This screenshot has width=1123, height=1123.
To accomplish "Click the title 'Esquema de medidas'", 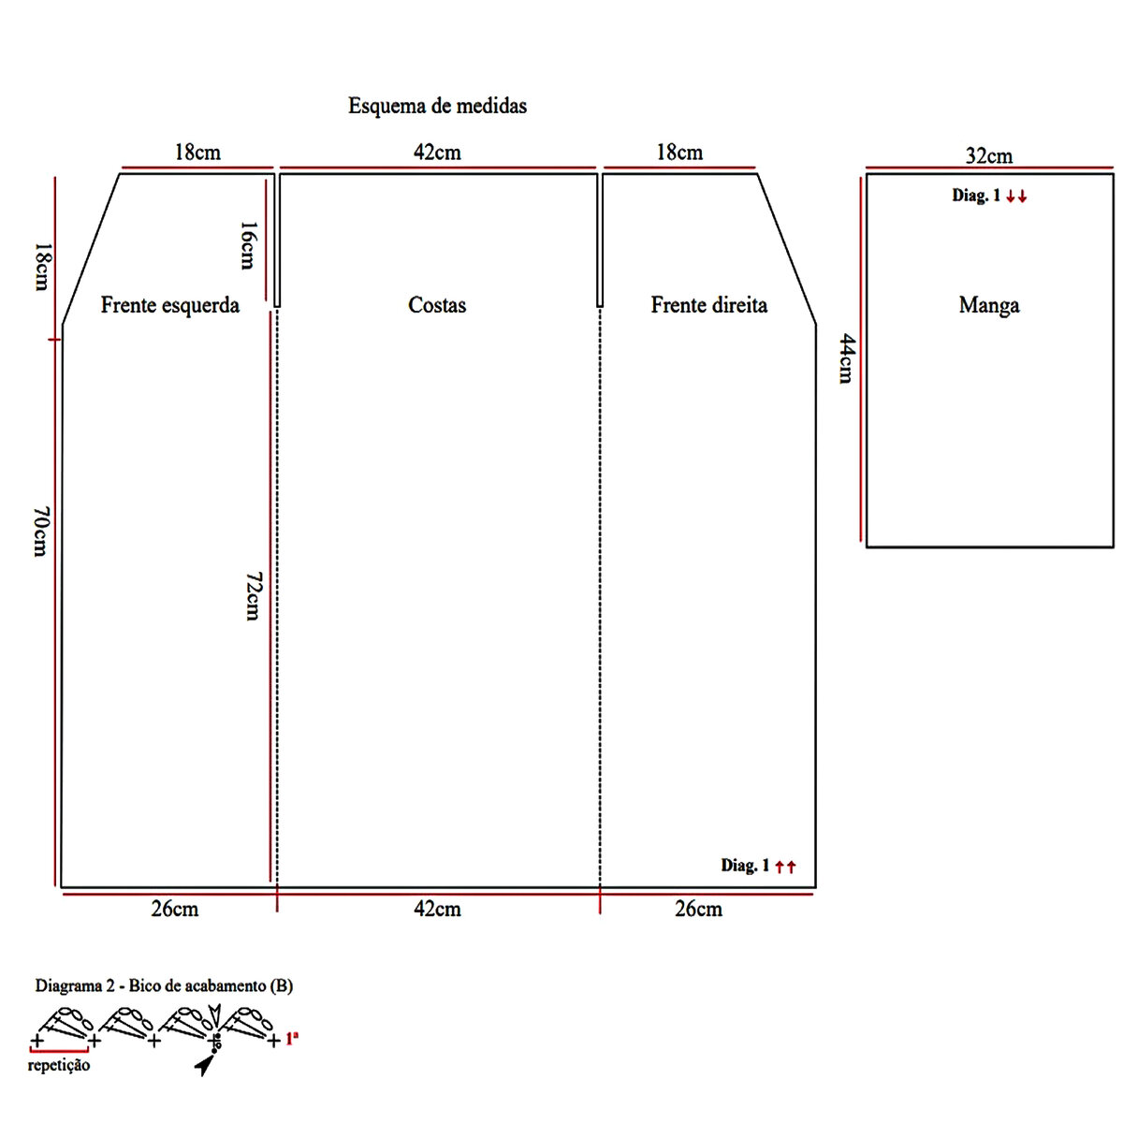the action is tap(437, 106).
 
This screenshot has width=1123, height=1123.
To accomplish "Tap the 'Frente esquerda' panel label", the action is tap(169, 305).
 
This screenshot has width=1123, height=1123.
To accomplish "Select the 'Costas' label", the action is tap(437, 305).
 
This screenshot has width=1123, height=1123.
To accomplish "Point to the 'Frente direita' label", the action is tap(708, 305).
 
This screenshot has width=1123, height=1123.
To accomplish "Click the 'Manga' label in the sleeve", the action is tap(988, 305).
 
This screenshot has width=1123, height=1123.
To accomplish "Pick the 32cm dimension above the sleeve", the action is tap(988, 156).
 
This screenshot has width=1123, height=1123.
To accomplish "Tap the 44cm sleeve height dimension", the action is tap(845, 357).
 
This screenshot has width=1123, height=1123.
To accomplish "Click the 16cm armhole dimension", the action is tap(246, 245).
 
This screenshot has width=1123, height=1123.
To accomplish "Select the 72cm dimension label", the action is tap(252, 596).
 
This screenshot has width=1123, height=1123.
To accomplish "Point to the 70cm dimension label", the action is tap(40, 531).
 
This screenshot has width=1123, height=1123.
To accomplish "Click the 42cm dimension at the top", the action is tap(437, 153).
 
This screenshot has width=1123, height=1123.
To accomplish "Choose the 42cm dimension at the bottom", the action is tap(437, 909).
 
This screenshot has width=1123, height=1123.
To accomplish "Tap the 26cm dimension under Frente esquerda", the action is tap(175, 909).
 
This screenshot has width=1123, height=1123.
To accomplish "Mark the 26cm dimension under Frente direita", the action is tap(698, 909).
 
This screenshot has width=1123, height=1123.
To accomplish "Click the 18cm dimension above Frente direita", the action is tap(679, 153).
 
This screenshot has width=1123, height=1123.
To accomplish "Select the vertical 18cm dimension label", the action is tap(41, 266).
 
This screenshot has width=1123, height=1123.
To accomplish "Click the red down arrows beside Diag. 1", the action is tap(1016, 197).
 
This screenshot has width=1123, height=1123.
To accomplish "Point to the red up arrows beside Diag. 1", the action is tap(785, 867).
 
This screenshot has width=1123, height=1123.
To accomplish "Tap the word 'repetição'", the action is tap(59, 1065).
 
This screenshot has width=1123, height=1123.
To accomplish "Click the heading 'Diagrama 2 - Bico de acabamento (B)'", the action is tap(164, 985).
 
